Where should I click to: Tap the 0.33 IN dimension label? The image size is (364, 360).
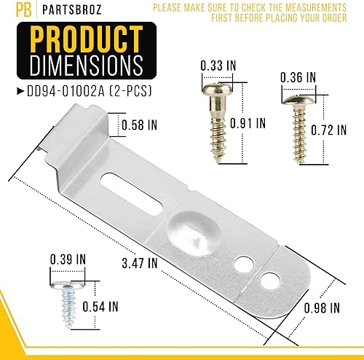(x=218, y=66)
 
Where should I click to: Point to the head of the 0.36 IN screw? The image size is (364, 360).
(x=298, y=95)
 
